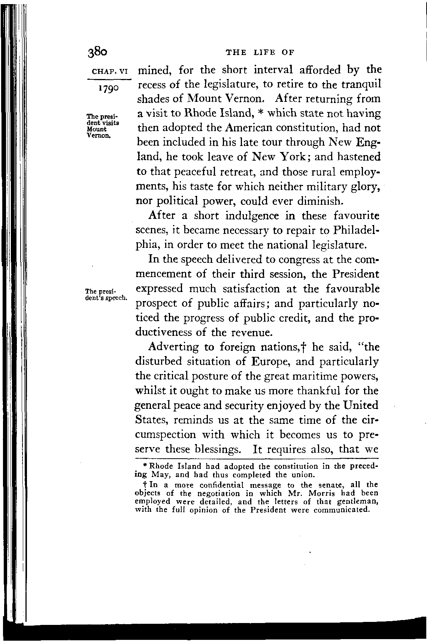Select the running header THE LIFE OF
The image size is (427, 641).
coord(260,52)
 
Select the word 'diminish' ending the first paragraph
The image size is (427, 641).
coord(320,201)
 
